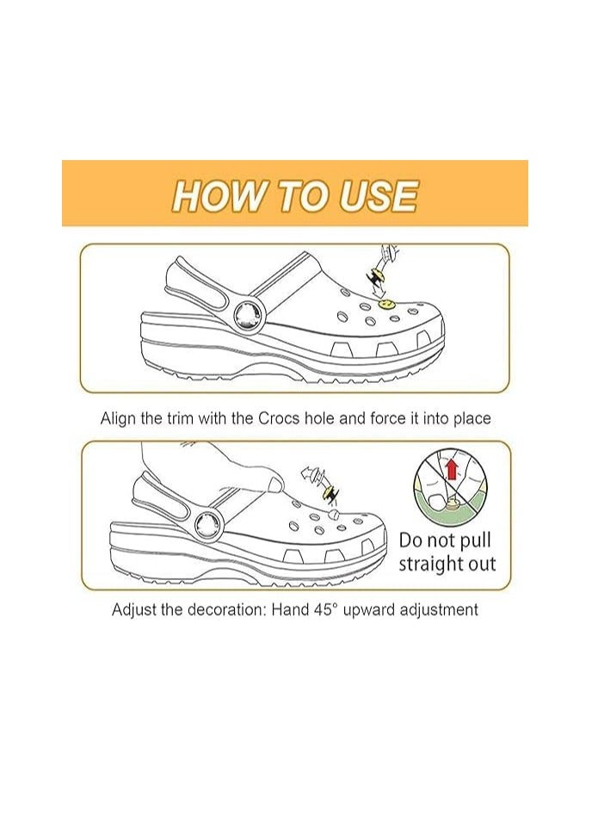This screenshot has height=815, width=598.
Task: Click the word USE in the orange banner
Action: pyautogui.click(x=379, y=196)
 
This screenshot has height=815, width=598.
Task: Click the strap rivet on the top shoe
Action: pyautogui.click(x=250, y=311)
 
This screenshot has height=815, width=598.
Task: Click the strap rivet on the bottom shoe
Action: pyautogui.click(x=207, y=521)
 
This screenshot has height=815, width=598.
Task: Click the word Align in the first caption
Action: pyautogui.click(x=118, y=419)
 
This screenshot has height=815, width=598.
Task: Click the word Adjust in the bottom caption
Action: pyautogui.click(x=134, y=609)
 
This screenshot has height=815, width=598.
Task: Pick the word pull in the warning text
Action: pyautogui.click(x=477, y=542)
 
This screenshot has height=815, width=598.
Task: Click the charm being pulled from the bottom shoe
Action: pyautogui.click(x=329, y=492)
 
